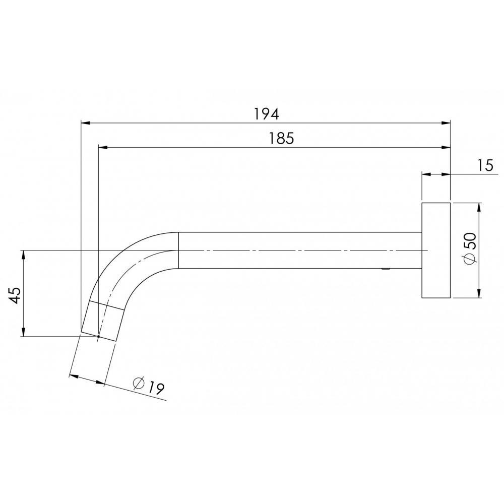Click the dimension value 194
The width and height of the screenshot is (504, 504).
click(x=266, y=113)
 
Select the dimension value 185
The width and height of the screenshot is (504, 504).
click(x=281, y=139)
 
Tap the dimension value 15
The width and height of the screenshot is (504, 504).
click(x=485, y=166)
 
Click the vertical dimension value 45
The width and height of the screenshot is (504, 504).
click(x=15, y=294)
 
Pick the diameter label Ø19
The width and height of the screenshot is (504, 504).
click(x=149, y=386)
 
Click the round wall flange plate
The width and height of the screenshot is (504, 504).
click(x=435, y=250)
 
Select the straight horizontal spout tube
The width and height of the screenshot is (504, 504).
click(x=300, y=250)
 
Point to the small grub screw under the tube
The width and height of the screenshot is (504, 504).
click(x=386, y=270)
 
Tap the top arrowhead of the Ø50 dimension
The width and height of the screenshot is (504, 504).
click(x=478, y=207)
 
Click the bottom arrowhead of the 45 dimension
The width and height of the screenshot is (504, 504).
click(x=23, y=332)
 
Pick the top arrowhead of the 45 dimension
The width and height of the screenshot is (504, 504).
click(x=23, y=254)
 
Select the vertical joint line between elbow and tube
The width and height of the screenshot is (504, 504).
click(x=179, y=250)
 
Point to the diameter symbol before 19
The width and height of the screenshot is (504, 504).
click(x=139, y=383)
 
